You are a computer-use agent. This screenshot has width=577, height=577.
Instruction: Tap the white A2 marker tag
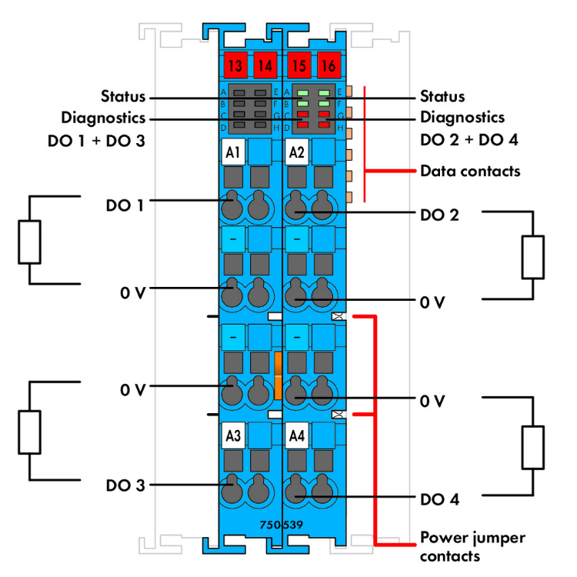[x=296, y=152]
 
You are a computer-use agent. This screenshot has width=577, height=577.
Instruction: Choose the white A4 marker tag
[x=296, y=436]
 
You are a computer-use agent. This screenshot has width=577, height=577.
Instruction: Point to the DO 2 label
[x=439, y=215]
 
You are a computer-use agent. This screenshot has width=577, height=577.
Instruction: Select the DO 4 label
[x=439, y=499]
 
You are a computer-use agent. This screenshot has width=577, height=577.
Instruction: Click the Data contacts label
[x=470, y=171]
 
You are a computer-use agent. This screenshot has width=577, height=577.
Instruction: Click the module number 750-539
[x=283, y=525]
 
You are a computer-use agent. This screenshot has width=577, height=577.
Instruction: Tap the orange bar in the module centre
[x=278, y=375]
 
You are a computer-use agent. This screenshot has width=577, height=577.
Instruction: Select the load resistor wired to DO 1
[x=28, y=243]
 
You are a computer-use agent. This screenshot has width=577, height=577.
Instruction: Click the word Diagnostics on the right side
[x=462, y=118]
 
